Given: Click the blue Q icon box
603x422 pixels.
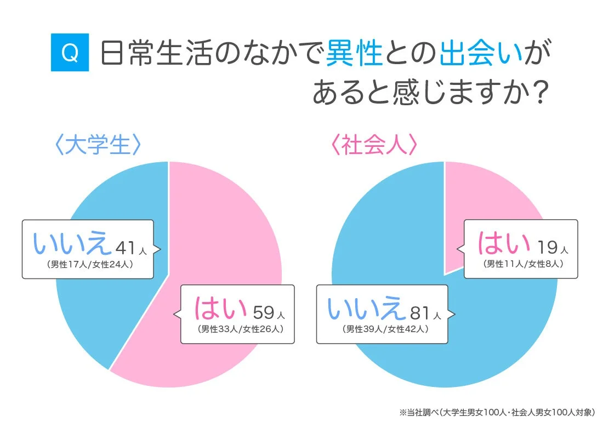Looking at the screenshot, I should tap(70, 53).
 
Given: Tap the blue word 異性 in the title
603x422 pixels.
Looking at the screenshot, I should tap(354, 54).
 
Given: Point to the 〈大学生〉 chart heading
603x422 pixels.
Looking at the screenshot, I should tap(99, 146).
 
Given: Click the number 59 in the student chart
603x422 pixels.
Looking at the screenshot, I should tap(264, 313).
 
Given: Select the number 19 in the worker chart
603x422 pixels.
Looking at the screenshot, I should tap(548, 247).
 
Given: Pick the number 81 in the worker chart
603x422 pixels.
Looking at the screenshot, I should tap(420, 312).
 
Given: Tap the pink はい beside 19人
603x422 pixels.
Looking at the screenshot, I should tap(504, 243).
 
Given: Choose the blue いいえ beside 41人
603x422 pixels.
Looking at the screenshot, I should tap(73, 244).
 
